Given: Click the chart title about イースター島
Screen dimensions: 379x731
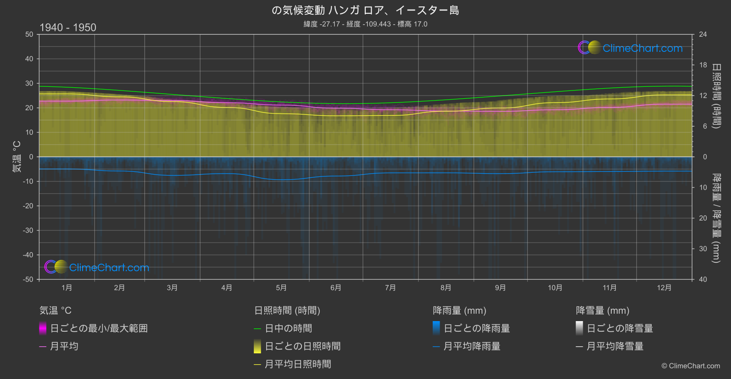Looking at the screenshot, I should [365, 10].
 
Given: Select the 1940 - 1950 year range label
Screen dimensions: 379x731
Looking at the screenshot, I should [68, 28].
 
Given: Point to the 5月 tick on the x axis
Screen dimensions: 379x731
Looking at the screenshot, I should [281, 288].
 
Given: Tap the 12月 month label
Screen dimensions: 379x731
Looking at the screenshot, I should [664, 288].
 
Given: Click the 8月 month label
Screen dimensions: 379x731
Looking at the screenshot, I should [446, 288].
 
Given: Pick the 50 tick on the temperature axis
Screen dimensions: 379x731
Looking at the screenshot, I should [29, 34].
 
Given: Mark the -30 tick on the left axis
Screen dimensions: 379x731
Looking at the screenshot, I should [28, 231].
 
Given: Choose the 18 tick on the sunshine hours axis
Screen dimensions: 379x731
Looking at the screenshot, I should [703, 65].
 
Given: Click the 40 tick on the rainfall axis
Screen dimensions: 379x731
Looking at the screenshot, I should [703, 279].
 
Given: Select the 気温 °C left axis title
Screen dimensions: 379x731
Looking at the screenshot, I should [17, 157].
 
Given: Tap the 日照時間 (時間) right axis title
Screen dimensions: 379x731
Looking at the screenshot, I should [716, 96].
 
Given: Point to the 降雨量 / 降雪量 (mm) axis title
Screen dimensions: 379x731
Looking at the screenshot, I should [716, 218].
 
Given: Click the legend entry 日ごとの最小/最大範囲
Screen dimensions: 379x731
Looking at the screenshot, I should [99, 328].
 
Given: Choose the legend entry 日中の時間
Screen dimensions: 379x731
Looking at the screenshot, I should [288, 328].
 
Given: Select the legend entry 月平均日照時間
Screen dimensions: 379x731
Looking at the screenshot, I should [298, 364].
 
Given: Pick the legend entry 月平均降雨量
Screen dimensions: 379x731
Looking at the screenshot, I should [472, 346].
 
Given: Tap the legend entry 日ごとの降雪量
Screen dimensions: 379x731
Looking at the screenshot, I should [619, 328].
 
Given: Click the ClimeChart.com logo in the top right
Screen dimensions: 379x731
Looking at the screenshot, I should [631, 48].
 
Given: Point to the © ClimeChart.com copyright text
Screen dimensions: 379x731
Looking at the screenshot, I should [691, 366].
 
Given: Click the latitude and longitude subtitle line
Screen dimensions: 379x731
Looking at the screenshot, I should [365, 24].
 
